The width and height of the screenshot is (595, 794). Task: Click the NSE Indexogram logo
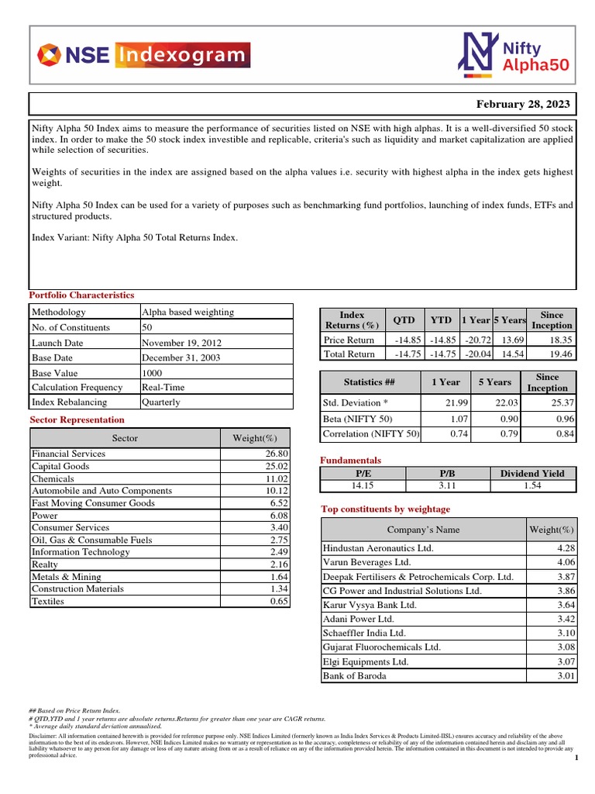[143, 55]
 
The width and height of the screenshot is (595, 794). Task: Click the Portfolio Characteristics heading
[81, 295]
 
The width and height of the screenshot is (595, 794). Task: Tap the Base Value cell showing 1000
[153, 372]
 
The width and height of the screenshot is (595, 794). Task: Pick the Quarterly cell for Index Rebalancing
[161, 402]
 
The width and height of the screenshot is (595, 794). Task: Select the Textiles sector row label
[48, 602]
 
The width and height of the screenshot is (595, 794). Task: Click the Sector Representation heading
[77, 419]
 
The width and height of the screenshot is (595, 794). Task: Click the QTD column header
[404, 319]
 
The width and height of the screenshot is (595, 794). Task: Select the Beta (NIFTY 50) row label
[357, 419]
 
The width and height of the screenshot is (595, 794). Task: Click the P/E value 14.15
[363, 485]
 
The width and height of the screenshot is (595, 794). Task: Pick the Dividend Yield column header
[532, 473]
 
